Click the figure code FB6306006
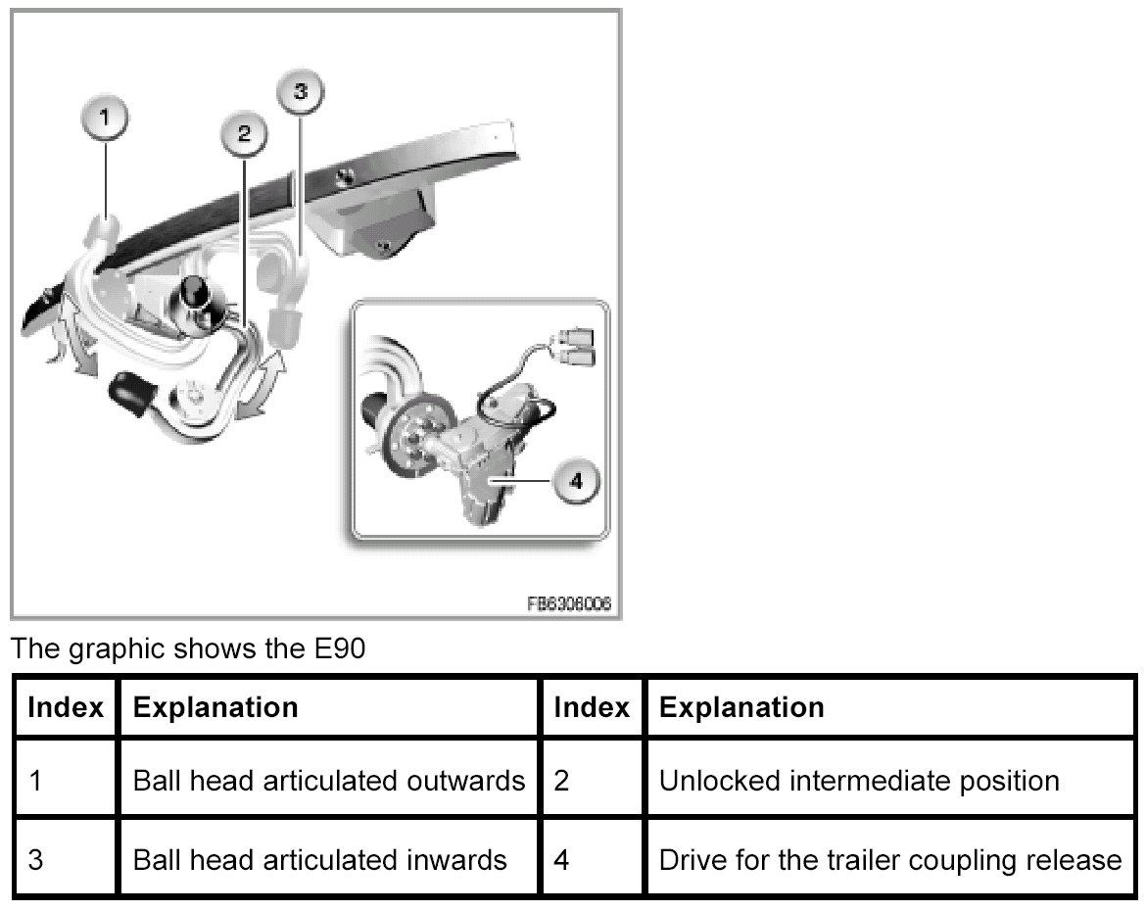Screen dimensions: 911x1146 point(569,604)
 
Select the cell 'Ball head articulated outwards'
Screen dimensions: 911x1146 point(328,781)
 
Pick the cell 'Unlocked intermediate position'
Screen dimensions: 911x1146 point(859,781)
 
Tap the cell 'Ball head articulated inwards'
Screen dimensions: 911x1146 point(319,860)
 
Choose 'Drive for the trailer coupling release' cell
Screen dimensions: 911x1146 point(890,860)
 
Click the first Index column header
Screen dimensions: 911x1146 point(66,706)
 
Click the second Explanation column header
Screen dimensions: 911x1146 point(741,706)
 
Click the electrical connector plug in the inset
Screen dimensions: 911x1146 point(575,348)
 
